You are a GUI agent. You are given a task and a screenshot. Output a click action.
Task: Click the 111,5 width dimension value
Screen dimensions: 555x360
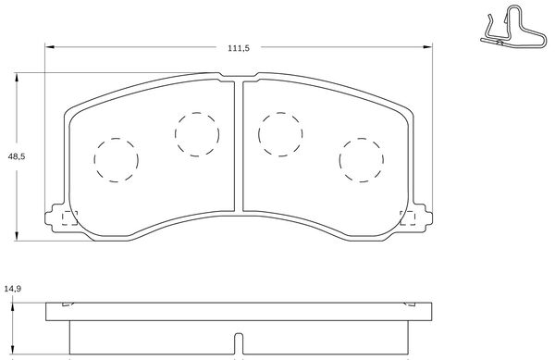(x=239, y=48)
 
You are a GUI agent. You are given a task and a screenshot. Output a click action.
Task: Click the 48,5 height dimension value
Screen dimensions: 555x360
(x=17, y=156)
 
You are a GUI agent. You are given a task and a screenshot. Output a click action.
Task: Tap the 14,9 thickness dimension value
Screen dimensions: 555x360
(x=12, y=290)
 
